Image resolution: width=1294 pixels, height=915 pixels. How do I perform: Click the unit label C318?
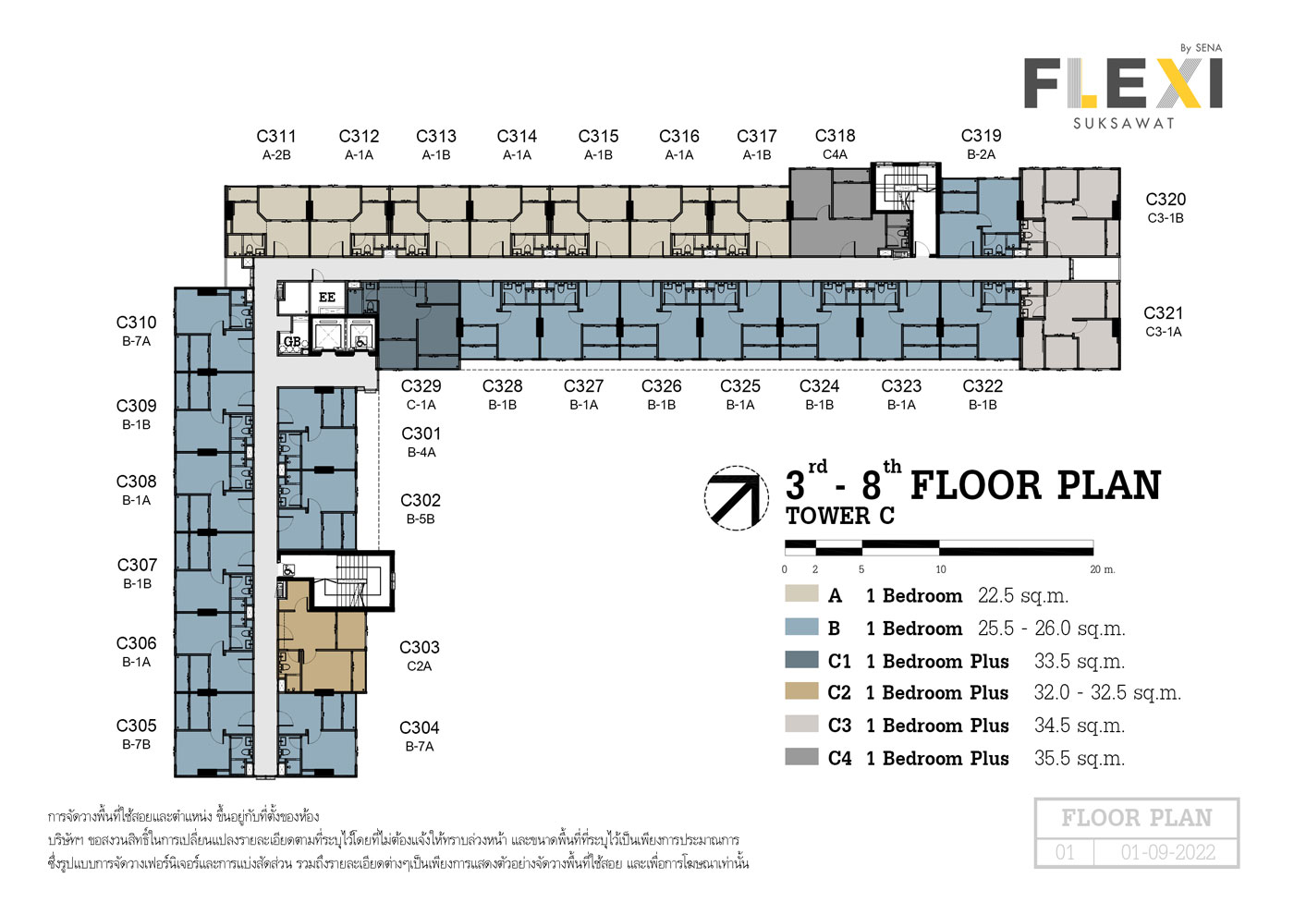coord(835,136)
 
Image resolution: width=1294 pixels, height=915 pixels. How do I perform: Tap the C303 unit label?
coord(420,647)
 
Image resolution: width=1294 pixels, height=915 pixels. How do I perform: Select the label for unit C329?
coord(421,386)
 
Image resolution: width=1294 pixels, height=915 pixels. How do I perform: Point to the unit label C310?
coord(137,323)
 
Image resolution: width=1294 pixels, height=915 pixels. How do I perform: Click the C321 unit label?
coord(1164,313)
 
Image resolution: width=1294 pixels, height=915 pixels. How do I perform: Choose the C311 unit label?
coord(276,137)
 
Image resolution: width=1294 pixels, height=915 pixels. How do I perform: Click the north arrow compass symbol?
coord(736,498)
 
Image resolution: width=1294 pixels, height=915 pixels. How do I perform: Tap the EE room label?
coord(327,298)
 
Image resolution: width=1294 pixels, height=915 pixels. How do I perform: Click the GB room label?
coord(292,341)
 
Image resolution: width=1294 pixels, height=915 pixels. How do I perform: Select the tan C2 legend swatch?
coord(801,691)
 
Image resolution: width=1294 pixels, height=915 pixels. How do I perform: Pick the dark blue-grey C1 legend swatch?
coord(801,660)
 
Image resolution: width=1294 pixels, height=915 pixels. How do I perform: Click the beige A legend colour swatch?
coord(801,593)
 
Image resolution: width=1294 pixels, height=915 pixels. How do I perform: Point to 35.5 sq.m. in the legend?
coord(1080,758)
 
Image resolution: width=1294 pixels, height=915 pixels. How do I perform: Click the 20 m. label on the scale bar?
coord(1102,569)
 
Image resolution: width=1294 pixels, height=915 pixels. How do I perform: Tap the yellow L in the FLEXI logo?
coord(1080,84)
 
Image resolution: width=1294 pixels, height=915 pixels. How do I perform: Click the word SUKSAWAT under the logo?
coord(1124,123)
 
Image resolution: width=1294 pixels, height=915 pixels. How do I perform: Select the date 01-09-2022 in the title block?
coord(1168,852)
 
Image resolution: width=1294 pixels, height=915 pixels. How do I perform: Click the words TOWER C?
coord(840,516)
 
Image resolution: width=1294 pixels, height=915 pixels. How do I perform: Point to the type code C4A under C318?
coord(835,154)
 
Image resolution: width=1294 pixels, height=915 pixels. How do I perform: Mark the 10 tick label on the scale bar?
coord(941,569)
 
